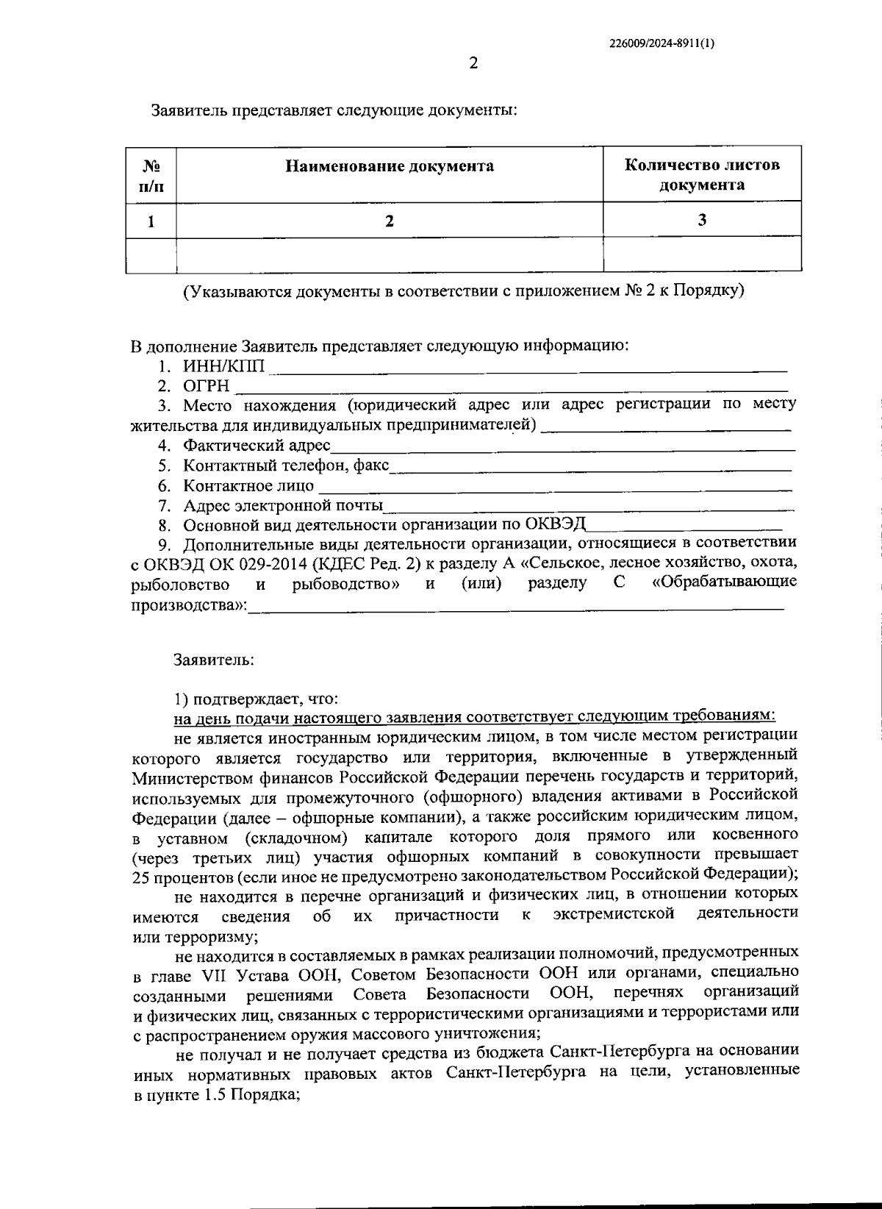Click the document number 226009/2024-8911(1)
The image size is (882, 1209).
click(662, 43)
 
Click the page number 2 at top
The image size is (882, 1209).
click(473, 64)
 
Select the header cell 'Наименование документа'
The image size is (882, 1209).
click(390, 166)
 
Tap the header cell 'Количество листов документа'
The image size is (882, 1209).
click(702, 175)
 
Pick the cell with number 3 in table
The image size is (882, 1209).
click(702, 220)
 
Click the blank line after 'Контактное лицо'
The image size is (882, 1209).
click(555, 487)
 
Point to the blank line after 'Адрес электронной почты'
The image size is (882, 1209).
click(588, 507)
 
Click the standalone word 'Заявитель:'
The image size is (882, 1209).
click(214, 660)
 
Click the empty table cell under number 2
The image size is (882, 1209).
click(390, 255)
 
